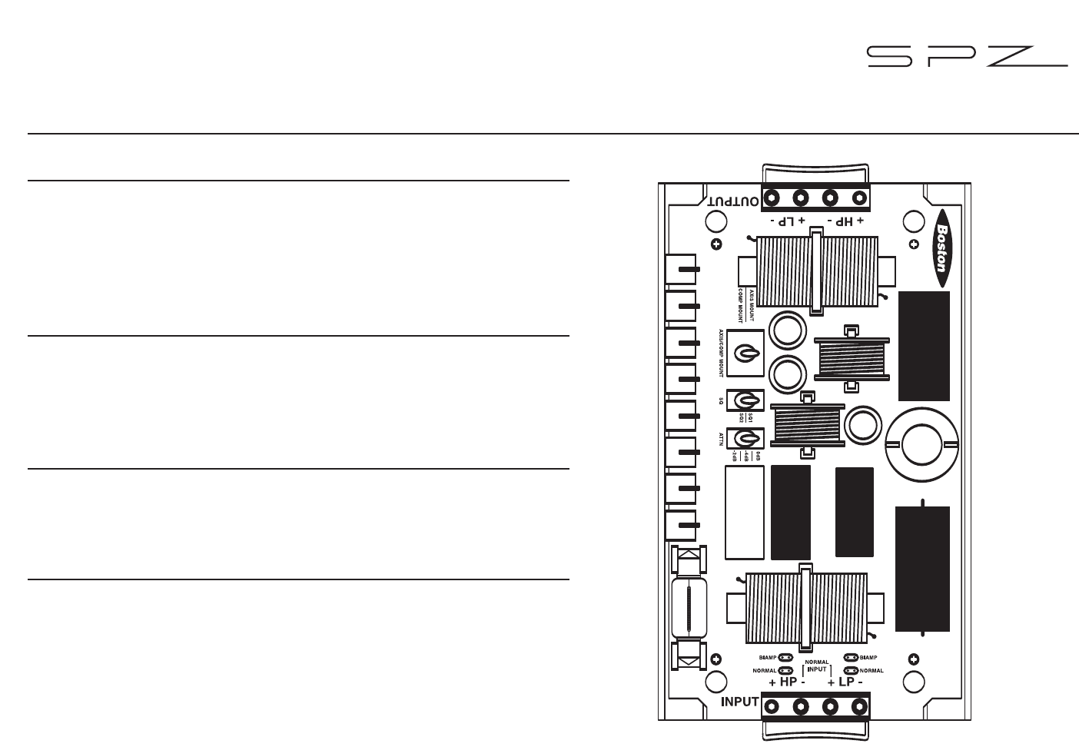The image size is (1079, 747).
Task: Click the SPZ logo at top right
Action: tap(967, 56)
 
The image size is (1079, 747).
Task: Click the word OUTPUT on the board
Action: tap(734, 201)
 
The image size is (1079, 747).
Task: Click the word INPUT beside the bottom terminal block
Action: tap(740, 702)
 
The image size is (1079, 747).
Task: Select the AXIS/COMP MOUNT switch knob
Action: tap(745, 353)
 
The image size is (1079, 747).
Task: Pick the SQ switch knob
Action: tap(745, 400)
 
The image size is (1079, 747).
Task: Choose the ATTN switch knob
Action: tap(745, 439)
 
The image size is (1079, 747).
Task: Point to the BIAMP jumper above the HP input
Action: tap(785, 658)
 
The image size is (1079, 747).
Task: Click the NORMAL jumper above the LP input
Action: tap(851, 670)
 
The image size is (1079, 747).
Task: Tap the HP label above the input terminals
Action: tap(788, 682)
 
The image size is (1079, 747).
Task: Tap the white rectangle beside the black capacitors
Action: tap(744, 513)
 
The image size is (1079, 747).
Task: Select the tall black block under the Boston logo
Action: tap(924, 346)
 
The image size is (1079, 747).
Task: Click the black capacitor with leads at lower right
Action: tap(923, 568)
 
